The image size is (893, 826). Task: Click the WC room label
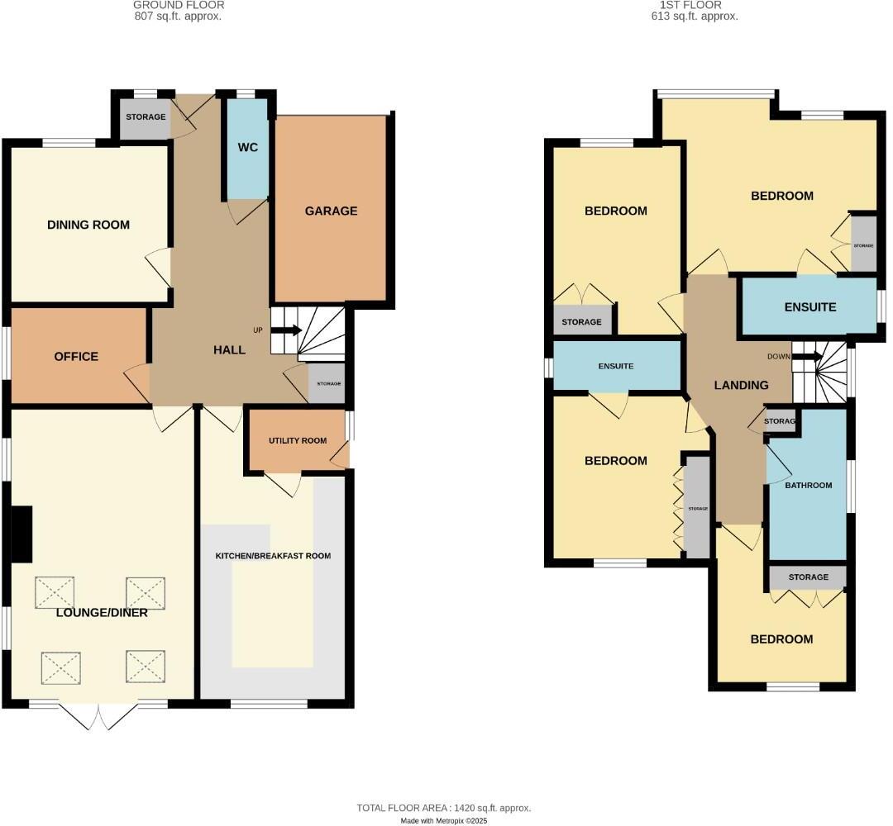[248, 148]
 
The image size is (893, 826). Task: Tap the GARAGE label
[331, 211]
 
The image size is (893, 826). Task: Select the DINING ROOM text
[88, 225]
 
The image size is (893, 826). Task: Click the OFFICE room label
[76, 357]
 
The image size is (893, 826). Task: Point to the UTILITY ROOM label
[298, 441]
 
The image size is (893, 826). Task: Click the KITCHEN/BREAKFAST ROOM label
[273, 556]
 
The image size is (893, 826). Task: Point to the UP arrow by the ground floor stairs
[286, 330]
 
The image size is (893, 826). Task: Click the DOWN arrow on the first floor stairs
[806, 357]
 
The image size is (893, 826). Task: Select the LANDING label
[741, 385]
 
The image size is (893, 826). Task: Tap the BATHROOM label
[808, 486]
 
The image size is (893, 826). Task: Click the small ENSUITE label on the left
[616, 366]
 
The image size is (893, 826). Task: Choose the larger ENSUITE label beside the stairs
[809, 307]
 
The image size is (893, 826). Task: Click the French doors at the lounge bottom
[98, 715]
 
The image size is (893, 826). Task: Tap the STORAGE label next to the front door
[146, 117]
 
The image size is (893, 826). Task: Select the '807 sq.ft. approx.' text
[178, 16]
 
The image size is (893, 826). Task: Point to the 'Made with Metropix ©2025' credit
[445, 820]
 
